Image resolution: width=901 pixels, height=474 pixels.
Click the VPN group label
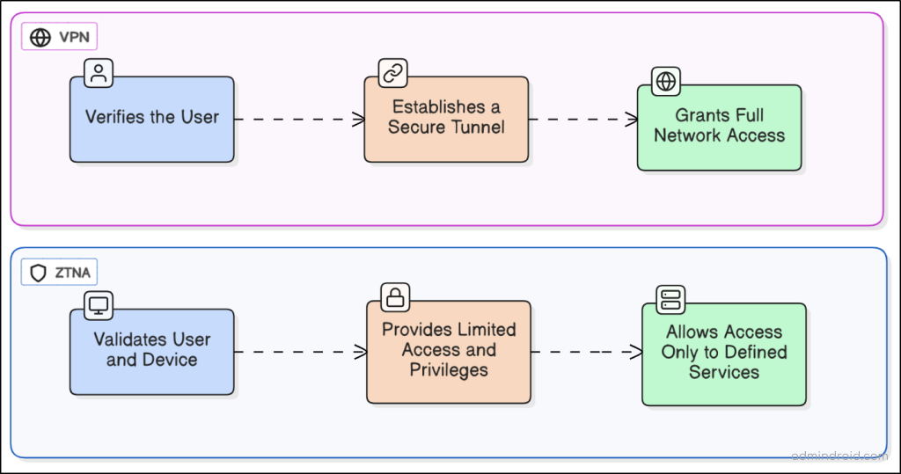pyautogui.click(x=60, y=37)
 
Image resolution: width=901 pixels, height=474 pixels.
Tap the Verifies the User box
pyautogui.click(x=152, y=119)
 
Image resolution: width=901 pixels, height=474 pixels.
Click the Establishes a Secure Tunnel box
pyautogui.click(x=446, y=119)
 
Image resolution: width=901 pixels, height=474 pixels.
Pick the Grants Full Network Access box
pyautogui.click(x=719, y=127)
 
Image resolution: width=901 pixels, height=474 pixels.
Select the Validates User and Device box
pyautogui.click(x=152, y=351)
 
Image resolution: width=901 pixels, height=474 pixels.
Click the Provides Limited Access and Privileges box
pyautogui.click(x=449, y=351)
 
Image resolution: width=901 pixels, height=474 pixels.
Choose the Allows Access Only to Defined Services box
pyautogui.click(x=724, y=354)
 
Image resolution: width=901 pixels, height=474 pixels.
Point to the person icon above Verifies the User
pyautogui.click(x=99, y=73)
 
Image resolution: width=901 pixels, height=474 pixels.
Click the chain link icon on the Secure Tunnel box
pyautogui.click(x=392, y=73)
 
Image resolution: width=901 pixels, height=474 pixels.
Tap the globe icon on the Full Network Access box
pyautogui.click(x=666, y=82)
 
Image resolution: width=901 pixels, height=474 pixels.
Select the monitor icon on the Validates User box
pyautogui.click(x=99, y=305)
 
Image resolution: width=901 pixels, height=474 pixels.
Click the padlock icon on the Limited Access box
pyautogui.click(x=395, y=297)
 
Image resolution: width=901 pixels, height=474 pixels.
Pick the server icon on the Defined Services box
pyautogui.click(x=670, y=300)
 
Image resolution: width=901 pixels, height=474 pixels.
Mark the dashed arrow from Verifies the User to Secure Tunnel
pyautogui.click(x=299, y=119)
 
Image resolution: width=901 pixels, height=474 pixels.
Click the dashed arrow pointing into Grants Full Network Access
pyautogui.click(x=582, y=119)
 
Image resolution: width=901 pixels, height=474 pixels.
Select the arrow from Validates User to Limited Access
pyautogui.click(x=300, y=352)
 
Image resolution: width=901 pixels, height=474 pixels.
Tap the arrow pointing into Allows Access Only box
pyautogui.click(x=587, y=352)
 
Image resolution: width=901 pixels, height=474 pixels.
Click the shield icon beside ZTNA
pyautogui.click(x=38, y=273)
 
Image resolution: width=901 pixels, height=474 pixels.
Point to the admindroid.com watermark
pyautogui.click(x=839, y=456)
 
